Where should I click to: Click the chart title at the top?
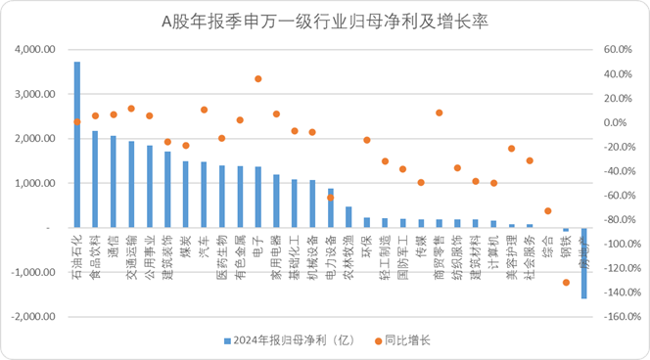coord(325,21)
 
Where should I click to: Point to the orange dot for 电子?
coord(258,79)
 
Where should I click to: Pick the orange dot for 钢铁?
coord(566,283)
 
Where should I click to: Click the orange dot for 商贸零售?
coord(439,112)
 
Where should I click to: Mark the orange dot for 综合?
coord(547,210)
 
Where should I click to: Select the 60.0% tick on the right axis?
coord(620,49)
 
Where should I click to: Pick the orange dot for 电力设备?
coord(330,197)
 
